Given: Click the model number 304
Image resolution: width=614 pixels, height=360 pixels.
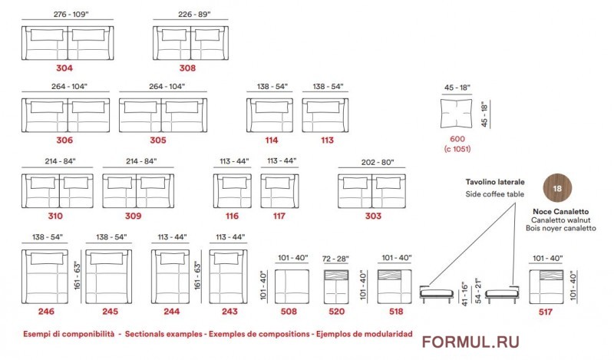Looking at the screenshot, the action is [64, 68].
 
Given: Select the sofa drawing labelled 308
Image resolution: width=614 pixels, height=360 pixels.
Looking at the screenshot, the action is [190, 43].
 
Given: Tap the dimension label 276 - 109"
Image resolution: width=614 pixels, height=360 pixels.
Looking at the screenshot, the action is [71, 14].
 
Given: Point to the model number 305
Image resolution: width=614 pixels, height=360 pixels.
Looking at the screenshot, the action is [158, 140].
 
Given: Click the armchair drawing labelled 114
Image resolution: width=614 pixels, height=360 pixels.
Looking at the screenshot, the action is [270, 115].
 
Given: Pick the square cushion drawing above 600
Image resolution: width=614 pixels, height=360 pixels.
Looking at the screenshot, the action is [456, 113].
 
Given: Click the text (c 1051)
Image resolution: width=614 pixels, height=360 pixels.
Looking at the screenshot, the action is [457, 149].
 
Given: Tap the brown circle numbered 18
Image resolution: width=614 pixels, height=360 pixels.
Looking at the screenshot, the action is [557, 188].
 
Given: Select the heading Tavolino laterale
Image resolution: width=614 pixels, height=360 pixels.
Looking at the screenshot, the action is [495, 182].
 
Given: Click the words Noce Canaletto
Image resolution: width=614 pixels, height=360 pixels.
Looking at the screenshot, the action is [561, 212].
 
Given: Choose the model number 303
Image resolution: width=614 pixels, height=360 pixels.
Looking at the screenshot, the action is [373, 216].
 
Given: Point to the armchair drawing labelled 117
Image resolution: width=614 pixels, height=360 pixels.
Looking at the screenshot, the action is [279, 191].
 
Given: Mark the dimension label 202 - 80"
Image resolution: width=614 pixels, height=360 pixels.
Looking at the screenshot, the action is [378, 162].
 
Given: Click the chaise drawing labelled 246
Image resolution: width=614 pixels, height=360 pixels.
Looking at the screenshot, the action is [45, 276].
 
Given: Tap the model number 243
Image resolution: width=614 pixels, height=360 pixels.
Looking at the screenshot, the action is [229, 312].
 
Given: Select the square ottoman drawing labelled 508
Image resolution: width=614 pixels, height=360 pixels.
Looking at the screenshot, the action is [292, 286].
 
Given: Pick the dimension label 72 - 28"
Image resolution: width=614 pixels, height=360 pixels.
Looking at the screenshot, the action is [335, 259].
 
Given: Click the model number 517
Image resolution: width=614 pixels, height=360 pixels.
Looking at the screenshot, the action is [546, 312].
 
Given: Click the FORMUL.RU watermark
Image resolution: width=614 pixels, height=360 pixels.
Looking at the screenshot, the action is [470, 342].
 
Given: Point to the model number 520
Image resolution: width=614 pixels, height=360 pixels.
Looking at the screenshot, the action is [336, 312].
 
